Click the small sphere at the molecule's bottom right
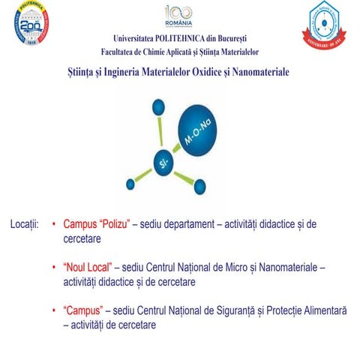tap(200, 185)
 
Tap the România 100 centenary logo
tap(178, 16)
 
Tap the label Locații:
tap(24, 224)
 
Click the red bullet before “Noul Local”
tap(54, 268)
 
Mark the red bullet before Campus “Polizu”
tap(54, 224)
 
